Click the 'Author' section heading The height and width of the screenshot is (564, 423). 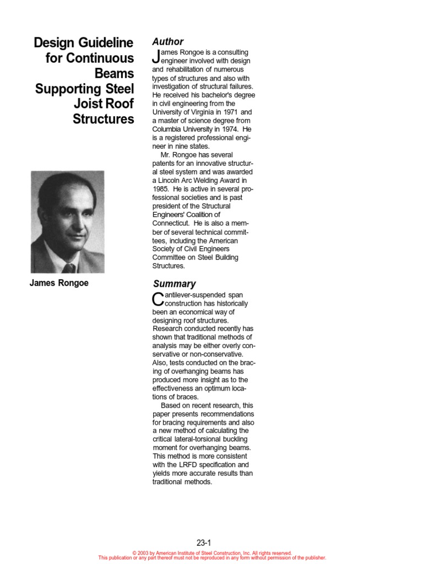[x=168, y=42]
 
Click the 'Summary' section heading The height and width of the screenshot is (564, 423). [x=173, y=284]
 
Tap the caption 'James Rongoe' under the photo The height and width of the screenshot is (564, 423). [x=59, y=283]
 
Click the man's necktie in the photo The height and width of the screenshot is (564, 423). [x=69, y=268]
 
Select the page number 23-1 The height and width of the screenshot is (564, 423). [x=204, y=543]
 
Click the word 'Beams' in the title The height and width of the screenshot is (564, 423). [x=115, y=73]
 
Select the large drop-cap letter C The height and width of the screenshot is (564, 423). [x=158, y=299]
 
